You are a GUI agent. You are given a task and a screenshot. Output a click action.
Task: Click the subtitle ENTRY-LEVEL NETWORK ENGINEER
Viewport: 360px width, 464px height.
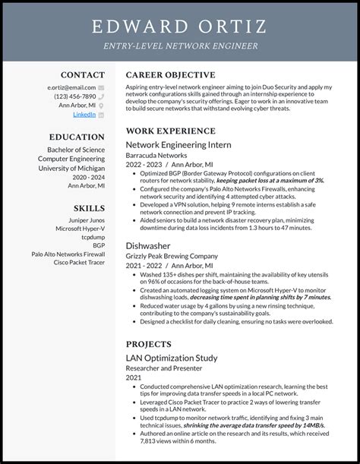(x=180, y=46)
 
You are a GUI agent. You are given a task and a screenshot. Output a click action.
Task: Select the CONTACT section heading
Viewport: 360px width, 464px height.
(x=83, y=75)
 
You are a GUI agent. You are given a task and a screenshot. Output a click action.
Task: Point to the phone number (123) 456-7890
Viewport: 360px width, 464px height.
(x=75, y=96)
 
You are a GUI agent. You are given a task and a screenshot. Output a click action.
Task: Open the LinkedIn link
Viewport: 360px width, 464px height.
(x=84, y=115)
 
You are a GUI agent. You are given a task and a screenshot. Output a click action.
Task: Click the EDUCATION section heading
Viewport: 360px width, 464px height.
(x=77, y=137)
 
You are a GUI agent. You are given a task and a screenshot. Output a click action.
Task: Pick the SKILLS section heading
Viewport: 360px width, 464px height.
(x=89, y=208)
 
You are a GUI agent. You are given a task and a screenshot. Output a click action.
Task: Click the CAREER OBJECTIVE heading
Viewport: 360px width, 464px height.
(x=170, y=75)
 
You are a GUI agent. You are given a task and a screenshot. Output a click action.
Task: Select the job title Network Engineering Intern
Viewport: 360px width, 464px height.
(x=178, y=144)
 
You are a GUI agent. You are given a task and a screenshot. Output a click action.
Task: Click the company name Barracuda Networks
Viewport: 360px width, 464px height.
(x=157, y=154)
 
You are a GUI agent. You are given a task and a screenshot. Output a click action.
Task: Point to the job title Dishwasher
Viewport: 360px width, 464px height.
(x=149, y=246)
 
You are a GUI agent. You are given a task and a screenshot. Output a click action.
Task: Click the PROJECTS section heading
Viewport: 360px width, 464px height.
(x=149, y=344)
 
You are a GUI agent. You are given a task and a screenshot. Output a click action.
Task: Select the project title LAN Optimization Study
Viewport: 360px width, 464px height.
(x=171, y=358)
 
